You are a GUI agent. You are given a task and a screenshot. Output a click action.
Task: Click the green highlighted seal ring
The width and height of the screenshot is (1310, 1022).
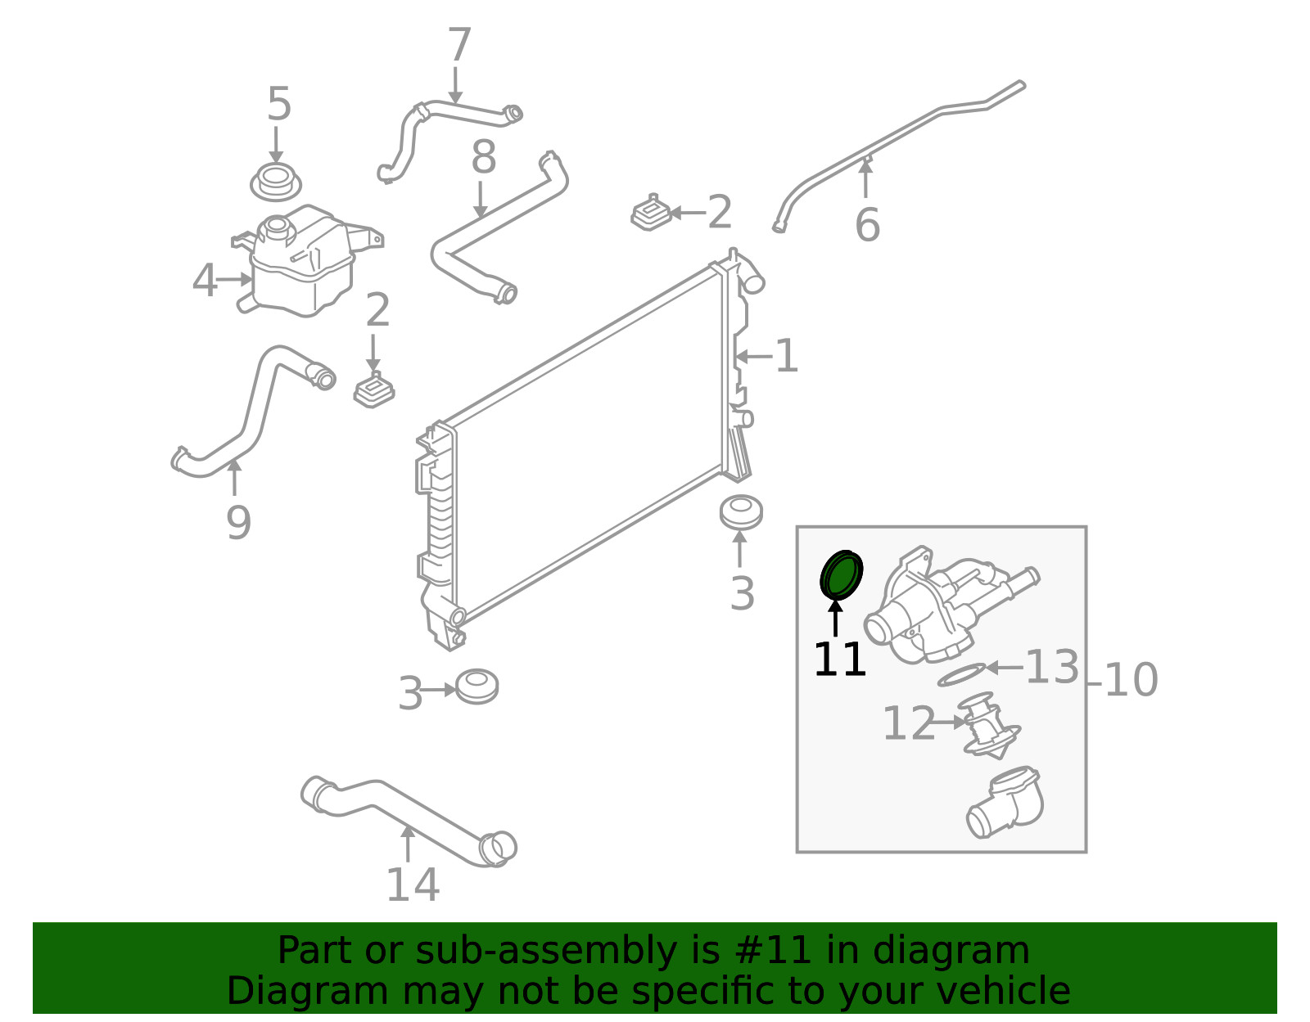pos(842,575)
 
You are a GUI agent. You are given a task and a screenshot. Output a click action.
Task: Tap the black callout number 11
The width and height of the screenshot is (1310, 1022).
pos(839,660)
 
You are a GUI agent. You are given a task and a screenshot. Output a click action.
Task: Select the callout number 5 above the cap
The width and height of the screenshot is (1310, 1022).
pos(279,105)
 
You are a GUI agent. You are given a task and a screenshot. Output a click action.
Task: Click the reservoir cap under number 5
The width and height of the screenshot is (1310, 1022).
pos(275,182)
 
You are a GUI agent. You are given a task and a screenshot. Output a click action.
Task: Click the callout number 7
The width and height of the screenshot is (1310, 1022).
pos(459,45)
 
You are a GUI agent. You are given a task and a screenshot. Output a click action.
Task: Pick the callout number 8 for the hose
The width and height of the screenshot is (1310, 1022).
pos(483,157)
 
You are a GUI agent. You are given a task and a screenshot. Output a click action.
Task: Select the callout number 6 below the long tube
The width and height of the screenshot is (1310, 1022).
pos(867,225)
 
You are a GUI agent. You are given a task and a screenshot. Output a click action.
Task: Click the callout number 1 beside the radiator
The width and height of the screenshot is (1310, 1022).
pos(786,357)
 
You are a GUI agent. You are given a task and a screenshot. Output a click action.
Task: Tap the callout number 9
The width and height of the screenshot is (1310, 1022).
pos(238,523)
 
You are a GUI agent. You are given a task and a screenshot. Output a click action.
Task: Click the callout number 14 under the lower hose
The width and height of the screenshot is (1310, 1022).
pos(413,885)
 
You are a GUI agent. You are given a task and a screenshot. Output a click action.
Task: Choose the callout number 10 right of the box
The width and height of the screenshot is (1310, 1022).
pos(1131,680)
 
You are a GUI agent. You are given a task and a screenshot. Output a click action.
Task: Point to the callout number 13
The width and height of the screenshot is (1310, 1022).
pos(1052,667)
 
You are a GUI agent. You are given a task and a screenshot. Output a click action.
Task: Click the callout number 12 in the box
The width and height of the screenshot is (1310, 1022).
pos(908,723)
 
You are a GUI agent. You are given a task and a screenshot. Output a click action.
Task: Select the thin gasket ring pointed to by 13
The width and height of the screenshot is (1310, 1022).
pos(961,676)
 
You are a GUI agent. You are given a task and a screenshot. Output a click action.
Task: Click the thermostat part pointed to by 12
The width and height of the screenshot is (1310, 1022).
pos(989,726)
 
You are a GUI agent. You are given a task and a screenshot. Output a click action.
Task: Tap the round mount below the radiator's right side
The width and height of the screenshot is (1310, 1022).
pos(741,512)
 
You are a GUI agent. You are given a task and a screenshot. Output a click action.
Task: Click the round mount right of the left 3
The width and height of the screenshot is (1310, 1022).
pos(477,687)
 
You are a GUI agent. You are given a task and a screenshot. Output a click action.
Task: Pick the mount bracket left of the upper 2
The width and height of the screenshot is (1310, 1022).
pos(652,214)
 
